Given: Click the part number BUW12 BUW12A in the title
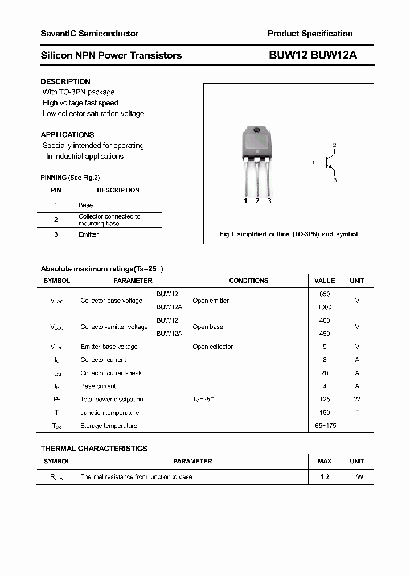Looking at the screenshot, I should tap(313, 55).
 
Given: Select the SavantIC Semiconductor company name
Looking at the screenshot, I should tap(89, 34).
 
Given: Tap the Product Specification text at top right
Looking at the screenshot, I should tap(310, 34).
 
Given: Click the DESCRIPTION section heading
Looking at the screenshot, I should tap(65, 81).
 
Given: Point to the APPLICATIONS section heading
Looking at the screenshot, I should tap(67, 135).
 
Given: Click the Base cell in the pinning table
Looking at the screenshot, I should tap(85, 205).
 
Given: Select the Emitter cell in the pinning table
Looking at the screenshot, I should tap(88, 234).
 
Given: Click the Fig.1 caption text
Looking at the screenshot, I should tap(288, 234).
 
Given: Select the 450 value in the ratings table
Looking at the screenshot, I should tap(325, 334).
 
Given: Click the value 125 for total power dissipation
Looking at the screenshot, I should tap(325, 400).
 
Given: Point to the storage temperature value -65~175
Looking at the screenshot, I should tap(325, 426).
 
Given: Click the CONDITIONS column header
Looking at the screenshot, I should tap(248, 281).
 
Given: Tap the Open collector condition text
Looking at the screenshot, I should tap(212, 347).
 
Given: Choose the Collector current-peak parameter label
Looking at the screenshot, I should tap(111, 373).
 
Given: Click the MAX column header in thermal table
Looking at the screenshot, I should tap(325, 461).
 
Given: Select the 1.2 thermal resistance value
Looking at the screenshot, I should tap(325, 477).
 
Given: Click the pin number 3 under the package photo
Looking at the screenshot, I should tap(269, 201).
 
